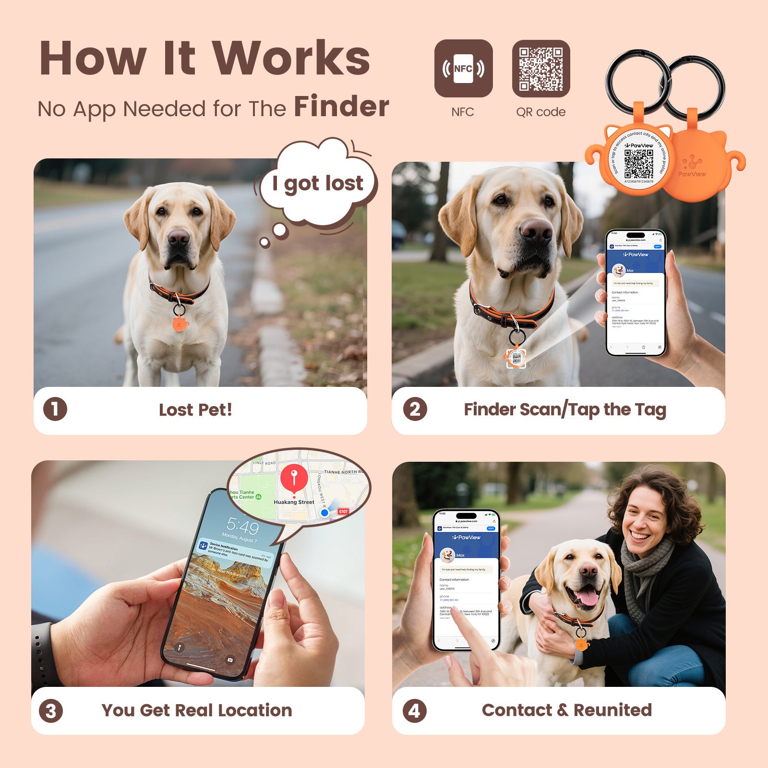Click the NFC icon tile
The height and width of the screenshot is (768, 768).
(x=463, y=69)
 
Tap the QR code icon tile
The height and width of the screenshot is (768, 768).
(x=541, y=69)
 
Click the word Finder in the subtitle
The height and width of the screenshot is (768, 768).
(x=341, y=107)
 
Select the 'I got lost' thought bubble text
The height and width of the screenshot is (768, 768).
(x=318, y=183)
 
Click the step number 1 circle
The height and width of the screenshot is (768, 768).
(x=55, y=409)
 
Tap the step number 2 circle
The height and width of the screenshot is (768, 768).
(x=415, y=409)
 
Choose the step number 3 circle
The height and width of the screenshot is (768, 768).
(x=51, y=711)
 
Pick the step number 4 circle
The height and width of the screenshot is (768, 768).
(x=414, y=711)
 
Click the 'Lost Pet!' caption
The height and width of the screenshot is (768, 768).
(x=195, y=410)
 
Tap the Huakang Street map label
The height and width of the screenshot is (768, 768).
(x=294, y=502)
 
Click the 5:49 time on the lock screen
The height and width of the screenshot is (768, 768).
(x=242, y=527)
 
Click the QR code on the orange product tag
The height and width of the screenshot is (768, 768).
(x=638, y=164)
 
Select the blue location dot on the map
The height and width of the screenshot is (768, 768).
(x=324, y=513)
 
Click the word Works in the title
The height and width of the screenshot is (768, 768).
(x=291, y=59)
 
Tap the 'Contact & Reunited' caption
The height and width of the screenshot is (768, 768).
(x=566, y=710)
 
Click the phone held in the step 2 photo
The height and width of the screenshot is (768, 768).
(x=636, y=293)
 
